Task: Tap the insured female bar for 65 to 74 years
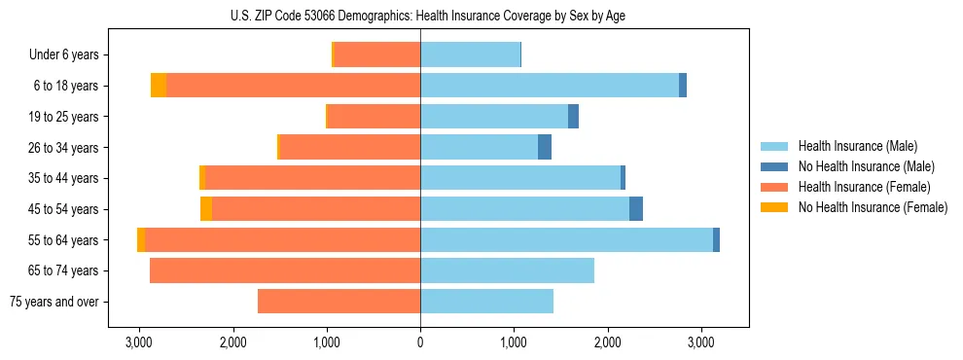pos(285,270)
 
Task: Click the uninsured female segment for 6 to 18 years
pos(159,86)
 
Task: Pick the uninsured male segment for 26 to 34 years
pos(545,147)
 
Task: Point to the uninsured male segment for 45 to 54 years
pos(636,209)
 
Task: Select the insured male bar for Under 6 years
pos(470,54)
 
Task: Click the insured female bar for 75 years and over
pos(339,302)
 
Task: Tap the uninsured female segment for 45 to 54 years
pos(206,209)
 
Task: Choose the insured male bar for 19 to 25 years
pos(494,117)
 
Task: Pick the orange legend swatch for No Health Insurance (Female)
pos(775,207)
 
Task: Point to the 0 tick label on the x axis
pos(420,342)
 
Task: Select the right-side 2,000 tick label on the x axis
pos(607,342)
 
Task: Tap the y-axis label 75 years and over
pos(54,302)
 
